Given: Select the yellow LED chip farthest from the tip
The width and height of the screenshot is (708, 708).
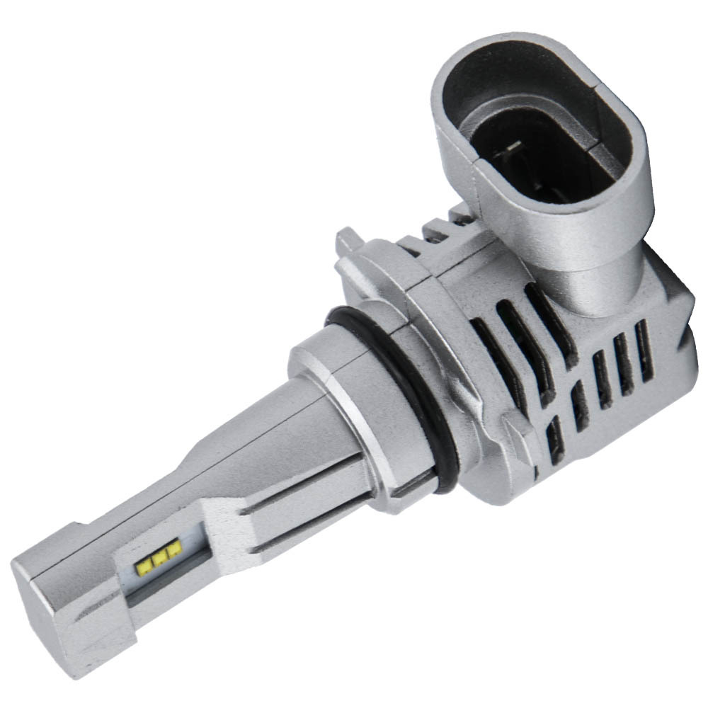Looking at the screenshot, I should point(173,549).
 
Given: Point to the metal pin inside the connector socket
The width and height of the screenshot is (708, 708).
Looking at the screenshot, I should point(511,151).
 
